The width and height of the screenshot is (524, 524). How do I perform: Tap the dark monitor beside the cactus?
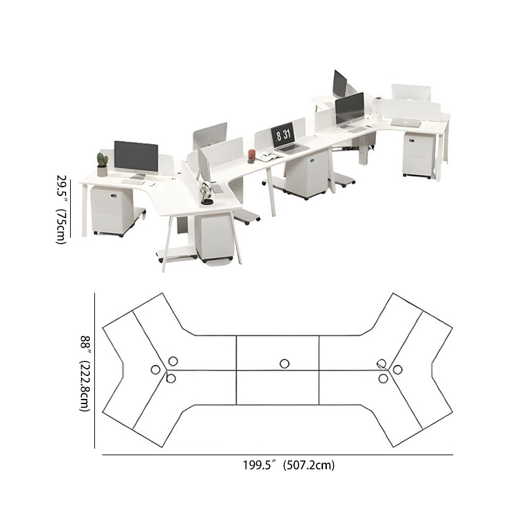point(136,157)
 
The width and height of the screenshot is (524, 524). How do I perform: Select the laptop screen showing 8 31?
point(284,135)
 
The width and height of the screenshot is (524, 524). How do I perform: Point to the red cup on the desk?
point(252,154)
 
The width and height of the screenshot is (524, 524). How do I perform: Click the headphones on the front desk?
point(207,194)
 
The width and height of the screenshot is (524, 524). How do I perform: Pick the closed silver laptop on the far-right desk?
point(405,121)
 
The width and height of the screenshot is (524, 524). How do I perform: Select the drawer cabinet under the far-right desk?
point(417,155)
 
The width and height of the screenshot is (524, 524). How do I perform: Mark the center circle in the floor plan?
point(284,364)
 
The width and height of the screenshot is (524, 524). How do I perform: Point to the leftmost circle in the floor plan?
point(155,369)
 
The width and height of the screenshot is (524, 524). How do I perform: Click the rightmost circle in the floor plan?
point(398,369)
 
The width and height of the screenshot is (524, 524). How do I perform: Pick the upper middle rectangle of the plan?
point(278,352)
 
